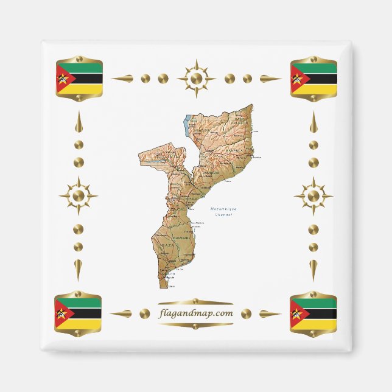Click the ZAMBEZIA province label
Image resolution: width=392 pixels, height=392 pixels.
point(210,173)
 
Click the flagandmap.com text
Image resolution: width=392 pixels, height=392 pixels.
point(195,313)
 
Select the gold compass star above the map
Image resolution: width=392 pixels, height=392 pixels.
point(196,78)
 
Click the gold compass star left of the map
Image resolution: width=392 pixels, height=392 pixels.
point(78,196)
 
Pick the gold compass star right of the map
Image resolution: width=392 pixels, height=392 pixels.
point(313,196)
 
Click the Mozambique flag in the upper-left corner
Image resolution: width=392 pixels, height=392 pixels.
point(79,79)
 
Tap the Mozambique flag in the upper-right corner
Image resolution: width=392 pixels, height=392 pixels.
point(313,79)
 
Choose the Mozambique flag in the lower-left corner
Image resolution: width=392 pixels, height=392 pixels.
point(78,313)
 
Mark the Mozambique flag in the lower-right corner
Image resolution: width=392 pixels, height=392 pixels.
point(313,313)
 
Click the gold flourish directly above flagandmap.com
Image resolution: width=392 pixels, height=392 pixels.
point(195,302)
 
